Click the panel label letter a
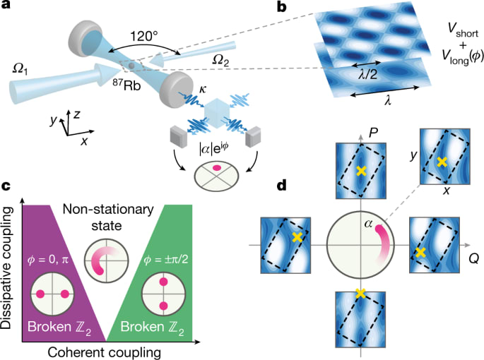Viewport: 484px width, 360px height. [8, 8]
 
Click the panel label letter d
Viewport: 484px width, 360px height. [282, 186]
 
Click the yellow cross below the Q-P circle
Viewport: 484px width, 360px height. [361, 294]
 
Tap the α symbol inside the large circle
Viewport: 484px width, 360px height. [369, 224]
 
